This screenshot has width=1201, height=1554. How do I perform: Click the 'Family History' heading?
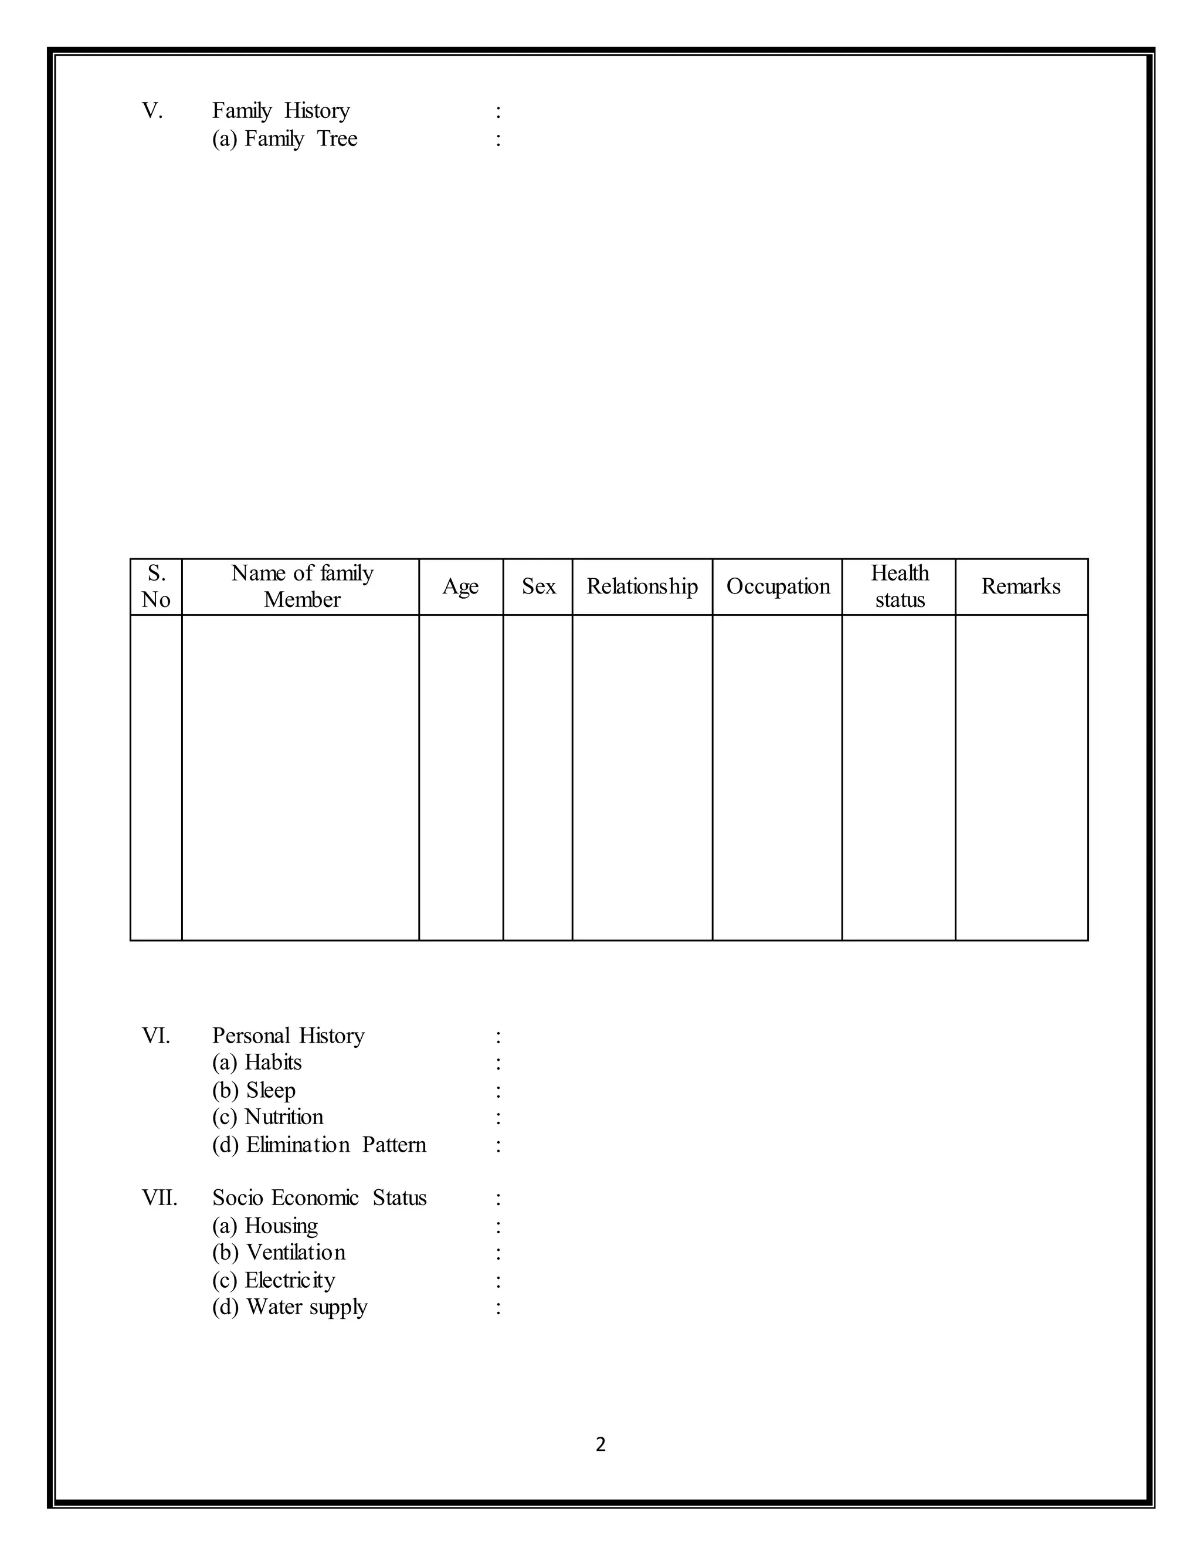click(x=281, y=111)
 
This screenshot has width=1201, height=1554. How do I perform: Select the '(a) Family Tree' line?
click(x=284, y=139)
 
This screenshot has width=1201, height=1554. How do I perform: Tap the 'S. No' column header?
click(x=156, y=586)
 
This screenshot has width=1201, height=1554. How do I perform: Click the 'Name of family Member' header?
click(x=301, y=586)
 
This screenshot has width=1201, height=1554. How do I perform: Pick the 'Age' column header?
click(x=460, y=587)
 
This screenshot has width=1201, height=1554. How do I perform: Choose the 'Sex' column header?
click(x=538, y=586)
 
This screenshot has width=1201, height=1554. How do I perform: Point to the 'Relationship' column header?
click(x=642, y=586)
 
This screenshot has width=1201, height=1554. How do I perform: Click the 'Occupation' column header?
click(x=778, y=586)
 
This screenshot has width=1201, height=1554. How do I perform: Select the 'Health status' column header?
click(x=900, y=586)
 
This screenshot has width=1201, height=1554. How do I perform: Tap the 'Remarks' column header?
click(x=1021, y=586)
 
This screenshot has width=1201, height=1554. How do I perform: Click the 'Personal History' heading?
click(x=288, y=1036)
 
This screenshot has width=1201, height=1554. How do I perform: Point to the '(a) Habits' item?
click(x=257, y=1063)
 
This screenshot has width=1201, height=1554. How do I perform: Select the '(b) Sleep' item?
click(x=254, y=1091)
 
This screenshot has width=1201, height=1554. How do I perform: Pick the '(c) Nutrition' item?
click(x=267, y=1118)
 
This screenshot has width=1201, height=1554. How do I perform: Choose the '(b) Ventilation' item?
click(x=279, y=1253)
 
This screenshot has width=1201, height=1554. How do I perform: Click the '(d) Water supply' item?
click(x=290, y=1308)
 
